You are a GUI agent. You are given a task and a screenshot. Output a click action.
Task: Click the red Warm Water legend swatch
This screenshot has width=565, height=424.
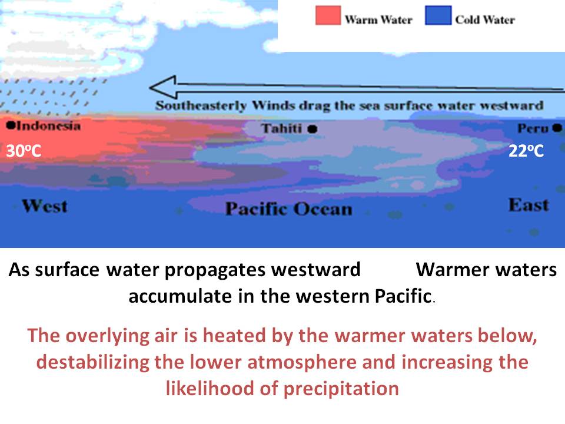click(328, 15)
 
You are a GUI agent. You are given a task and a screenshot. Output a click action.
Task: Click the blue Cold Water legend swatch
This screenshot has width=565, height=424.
click(438, 15)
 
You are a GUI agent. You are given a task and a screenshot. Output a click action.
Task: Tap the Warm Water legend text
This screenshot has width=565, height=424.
click(378, 19)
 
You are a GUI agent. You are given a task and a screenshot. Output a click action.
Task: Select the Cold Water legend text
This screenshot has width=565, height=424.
click(485, 19)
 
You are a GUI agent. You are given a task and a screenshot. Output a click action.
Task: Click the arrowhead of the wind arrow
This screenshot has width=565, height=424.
click(163, 87)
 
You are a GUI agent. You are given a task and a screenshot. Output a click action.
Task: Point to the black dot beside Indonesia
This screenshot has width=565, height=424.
click(11, 125)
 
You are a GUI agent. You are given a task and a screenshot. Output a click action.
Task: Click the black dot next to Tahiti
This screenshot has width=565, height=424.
click(313, 129)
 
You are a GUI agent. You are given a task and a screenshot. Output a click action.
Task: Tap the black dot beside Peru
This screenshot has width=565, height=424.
click(557, 128)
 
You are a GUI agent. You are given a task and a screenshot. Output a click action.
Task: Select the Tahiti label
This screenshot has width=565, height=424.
click(281, 128)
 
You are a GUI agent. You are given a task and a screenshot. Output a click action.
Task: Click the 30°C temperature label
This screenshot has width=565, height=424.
click(24, 151)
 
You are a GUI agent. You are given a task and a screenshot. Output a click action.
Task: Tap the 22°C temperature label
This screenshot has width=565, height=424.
click(526, 151)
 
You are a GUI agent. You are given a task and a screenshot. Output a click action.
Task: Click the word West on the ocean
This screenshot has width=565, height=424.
click(45, 206)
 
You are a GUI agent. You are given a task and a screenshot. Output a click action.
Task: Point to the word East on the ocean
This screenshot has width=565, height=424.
click(529, 205)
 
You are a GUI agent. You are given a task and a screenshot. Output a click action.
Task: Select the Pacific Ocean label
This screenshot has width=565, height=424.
click(288, 208)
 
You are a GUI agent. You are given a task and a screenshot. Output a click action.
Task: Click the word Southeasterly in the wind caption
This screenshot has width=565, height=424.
click(201, 105)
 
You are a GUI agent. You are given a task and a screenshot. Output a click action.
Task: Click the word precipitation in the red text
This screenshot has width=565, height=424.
click(341, 389)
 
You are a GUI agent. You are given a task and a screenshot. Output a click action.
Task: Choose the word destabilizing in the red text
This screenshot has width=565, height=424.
click(93, 362)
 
